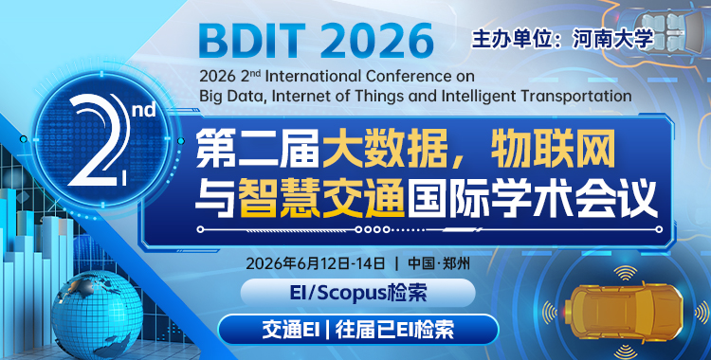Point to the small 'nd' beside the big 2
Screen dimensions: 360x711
(142, 112)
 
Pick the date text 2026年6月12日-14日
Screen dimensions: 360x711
(316, 262)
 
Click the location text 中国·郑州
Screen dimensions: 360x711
(438, 262)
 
